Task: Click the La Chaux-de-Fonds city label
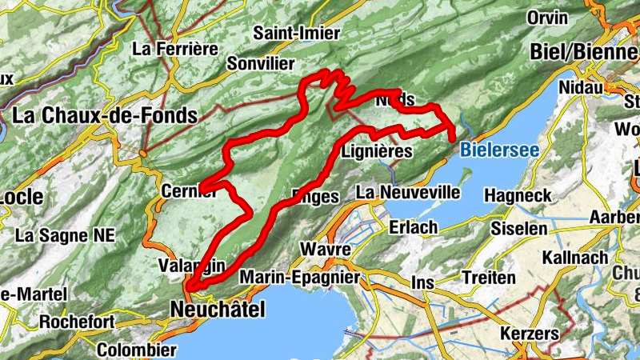pyautogui.click(x=104, y=116)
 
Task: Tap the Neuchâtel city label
pyautogui.click(x=217, y=309)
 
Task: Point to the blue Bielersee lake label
pyautogui.click(x=501, y=149)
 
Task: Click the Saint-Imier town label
pyautogui.click(x=297, y=34)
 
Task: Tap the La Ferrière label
pyautogui.click(x=175, y=49)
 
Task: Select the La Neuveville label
pyautogui.click(x=408, y=192)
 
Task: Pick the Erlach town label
pyautogui.click(x=414, y=227)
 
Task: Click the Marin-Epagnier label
pyautogui.click(x=300, y=277)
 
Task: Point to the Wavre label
pyautogui.click(x=326, y=250)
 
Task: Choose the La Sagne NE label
pyautogui.click(x=66, y=235)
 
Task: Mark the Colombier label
pyautogui.click(x=136, y=350)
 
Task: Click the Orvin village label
pyautogui.click(x=547, y=18)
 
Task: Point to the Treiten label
pyautogui.click(x=489, y=278)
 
